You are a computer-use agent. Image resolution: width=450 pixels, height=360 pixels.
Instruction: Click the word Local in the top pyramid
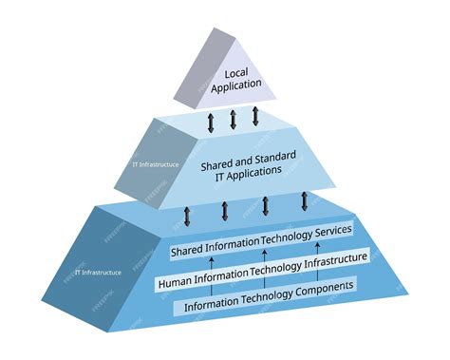pos(235,73)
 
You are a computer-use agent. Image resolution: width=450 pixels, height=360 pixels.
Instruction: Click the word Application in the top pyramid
pos(235,86)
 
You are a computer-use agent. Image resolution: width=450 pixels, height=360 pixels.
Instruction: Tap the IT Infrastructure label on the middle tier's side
pos(154,165)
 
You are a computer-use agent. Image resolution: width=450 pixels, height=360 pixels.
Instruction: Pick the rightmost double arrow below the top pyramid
pos(255,117)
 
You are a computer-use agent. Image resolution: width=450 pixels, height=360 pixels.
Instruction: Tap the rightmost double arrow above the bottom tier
pos(305,200)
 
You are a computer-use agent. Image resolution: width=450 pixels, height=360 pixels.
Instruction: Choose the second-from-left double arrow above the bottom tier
pos(225,210)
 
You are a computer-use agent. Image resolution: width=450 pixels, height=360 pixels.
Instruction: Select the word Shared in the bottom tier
pos(189,251)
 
